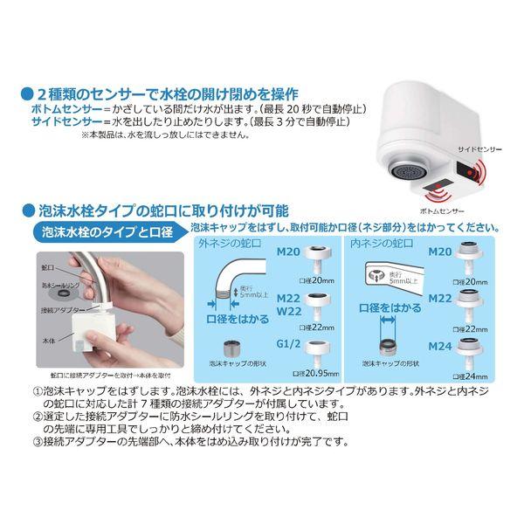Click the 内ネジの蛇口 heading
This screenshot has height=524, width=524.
[376, 244]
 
